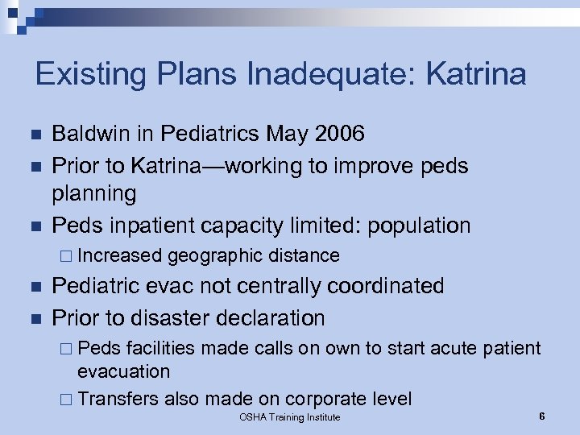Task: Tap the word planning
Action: (x=94, y=194)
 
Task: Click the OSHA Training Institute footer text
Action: (x=290, y=417)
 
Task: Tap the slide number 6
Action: (x=542, y=416)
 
